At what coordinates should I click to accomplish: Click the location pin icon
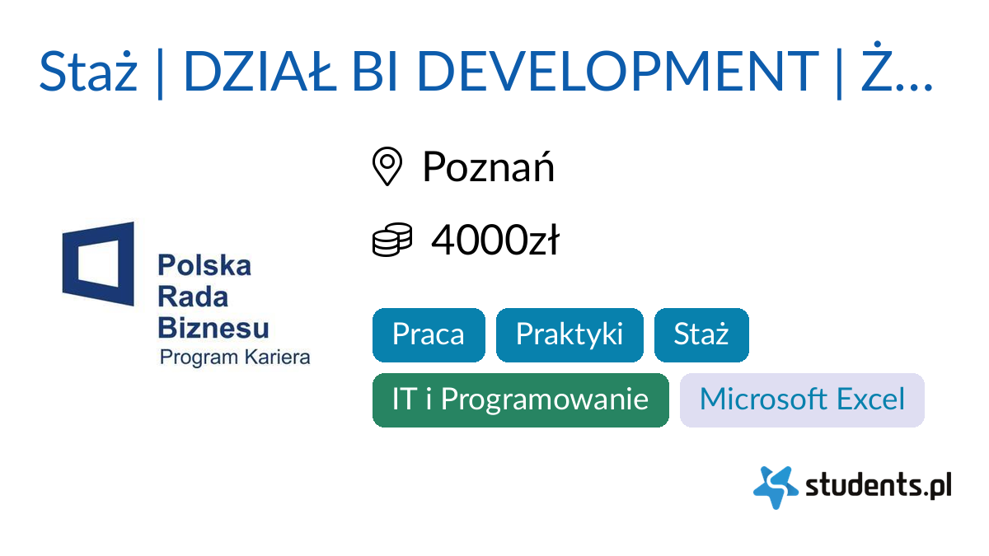[387, 167]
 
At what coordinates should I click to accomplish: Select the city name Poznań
[488, 167]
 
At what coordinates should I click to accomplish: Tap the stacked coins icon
[391, 241]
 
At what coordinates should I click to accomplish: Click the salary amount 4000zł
[494, 241]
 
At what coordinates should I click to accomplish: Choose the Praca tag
[429, 334]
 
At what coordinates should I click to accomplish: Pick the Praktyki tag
[569, 334]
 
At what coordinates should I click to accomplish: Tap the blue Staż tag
[701, 334]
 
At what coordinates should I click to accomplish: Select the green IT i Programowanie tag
[520, 399]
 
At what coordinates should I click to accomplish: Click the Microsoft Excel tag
[802, 399]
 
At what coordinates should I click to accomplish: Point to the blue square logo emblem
[98, 264]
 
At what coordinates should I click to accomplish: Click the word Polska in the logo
[204, 266]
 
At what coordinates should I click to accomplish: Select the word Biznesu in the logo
[213, 327]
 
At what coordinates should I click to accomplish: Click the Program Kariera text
[235, 357]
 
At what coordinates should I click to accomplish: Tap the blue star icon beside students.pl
[775, 487]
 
